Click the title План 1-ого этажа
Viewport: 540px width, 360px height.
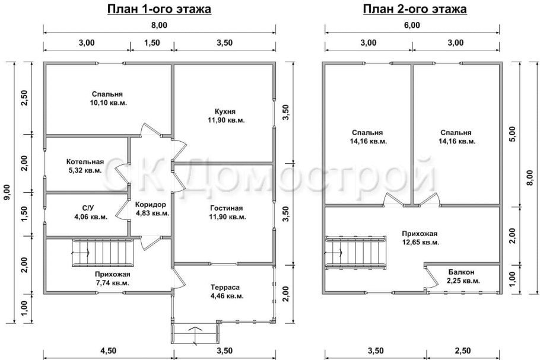pyautogui.click(x=159, y=9)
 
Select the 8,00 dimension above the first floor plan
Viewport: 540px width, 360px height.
pyautogui.click(x=159, y=25)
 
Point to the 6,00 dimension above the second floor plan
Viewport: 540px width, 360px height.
pyautogui.click(x=412, y=25)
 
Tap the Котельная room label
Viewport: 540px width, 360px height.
pyautogui.click(x=85, y=162)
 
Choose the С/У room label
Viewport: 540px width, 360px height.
pyautogui.click(x=88, y=208)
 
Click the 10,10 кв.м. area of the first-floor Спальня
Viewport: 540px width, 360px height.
pyautogui.click(x=107, y=103)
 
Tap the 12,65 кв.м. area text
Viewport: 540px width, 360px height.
pyautogui.click(x=420, y=242)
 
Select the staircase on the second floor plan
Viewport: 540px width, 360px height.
pyautogui.click(x=344, y=251)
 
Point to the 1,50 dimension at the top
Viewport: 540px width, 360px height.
pyautogui.click(x=152, y=42)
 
